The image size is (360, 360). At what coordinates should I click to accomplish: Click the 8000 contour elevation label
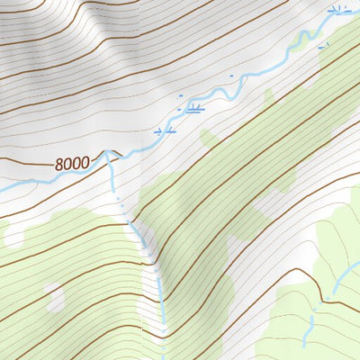pyautogui.click(x=71, y=164)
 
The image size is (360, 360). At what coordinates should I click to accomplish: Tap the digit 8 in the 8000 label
pyautogui.click(x=58, y=164)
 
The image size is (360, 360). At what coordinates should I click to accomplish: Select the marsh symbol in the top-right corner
pyautogui.click(x=338, y=11)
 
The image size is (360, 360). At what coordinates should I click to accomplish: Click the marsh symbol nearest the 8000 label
pyautogui.click(x=165, y=131)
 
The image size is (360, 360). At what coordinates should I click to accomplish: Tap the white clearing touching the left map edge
pyautogui.click(x=13, y=234)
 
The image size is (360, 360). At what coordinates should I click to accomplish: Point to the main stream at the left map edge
pyautogui.click(x=4, y=187)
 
